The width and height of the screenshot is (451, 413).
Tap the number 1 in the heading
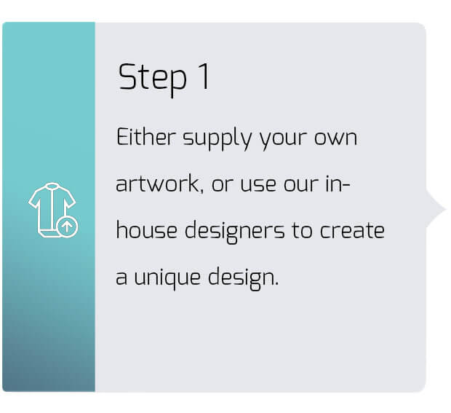[205, 76]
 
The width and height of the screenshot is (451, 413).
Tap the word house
[146, 229]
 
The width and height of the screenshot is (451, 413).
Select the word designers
[234, 232]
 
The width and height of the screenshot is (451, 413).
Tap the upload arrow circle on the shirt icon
[68, 227]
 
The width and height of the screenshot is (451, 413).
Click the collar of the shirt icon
[52, 186]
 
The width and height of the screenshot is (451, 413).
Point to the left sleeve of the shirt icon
[34, 199]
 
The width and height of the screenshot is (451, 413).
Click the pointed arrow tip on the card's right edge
[445, 209]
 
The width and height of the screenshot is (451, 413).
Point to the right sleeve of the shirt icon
[69, 199]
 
